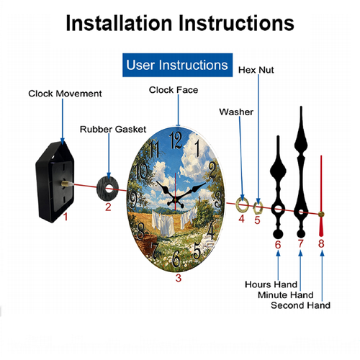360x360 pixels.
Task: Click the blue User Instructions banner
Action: pyautogui.click(x=177, y=65)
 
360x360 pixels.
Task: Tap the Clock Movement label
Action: pyautogui.click(x=65, y=94)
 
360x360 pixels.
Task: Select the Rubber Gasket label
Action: pyautogui.click(x=113, y=130)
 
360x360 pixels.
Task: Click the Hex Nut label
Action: pyautogui.click(x=256, y=70)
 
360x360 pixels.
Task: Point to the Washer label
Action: pyautogui.click(x=236, y=112)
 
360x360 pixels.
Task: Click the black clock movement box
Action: pyautogui.click(x=55, y=181)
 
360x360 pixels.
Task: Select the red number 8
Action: pyautogui.click(x=321, y=243)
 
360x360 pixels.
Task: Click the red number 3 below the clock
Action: pyautogui.click(x=179, y=278)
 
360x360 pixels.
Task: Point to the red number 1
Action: pyautogui.click(x=66, y=217)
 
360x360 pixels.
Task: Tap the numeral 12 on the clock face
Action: pyautogui.click(x=176, y=140)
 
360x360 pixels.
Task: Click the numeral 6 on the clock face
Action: pyautogui.click(x=176, y=258)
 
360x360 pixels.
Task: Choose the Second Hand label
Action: pyautogui.click(x=300, y=305)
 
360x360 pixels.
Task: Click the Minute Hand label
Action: pyautogui.click(x=286, y=294)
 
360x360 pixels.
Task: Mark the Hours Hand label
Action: pyautogui.click(x=271, y=284)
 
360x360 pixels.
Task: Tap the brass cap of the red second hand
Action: pyautogui.click(x=321, y=214)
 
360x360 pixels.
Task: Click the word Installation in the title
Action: pyautogui.click(x=119, y=23)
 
